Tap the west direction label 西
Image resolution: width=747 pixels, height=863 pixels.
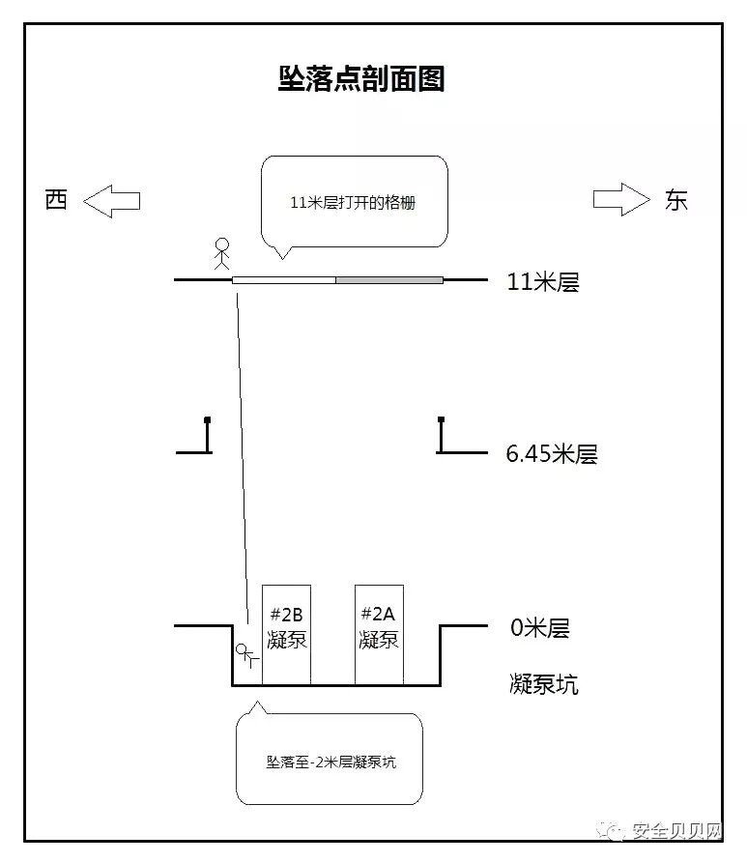pos(57,200)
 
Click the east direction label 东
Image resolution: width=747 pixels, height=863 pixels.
pos(675,200)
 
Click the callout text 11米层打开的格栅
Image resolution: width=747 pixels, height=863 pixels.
pos(354,204)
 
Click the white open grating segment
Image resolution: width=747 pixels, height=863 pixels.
pos(284,280)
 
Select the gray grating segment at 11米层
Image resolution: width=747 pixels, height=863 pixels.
pos(389,280)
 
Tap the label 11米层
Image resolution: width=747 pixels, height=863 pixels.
pos(542,282)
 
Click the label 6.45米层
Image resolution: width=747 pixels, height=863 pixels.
pos(551,453)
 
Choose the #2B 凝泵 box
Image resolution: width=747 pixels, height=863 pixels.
pos(286,634)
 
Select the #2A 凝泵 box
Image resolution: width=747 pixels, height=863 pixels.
pos(379,634)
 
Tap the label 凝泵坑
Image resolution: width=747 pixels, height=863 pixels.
pos(543,684)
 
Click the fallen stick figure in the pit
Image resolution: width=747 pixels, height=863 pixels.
pos(246,656)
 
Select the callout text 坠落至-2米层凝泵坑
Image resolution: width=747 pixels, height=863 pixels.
pos(330,762)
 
